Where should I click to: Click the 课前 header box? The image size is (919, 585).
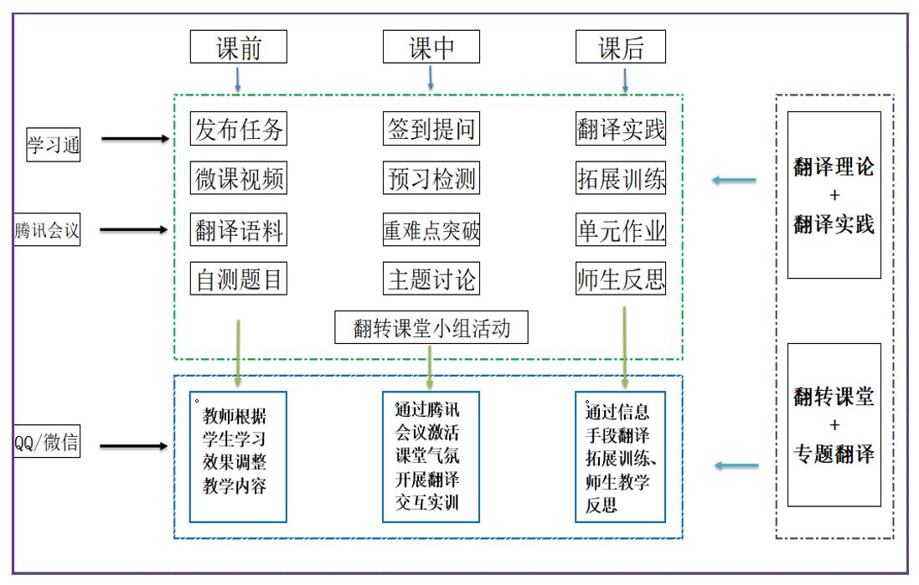pos(239,47)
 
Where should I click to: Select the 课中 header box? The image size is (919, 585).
pos(431,47)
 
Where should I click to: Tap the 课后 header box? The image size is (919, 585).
pos(621,47)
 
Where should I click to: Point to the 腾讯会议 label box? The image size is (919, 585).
pos(47,229)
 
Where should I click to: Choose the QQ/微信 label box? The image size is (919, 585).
pos(48,441)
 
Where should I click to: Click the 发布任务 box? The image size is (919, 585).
pos(239,129)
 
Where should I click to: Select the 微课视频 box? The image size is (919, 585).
pos(239,178)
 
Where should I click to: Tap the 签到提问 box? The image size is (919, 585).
pos(431,129)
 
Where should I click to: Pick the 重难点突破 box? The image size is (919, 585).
pos(431,229)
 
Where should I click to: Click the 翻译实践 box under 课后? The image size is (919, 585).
pos(621,129)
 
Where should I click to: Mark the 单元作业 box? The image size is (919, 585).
pos(621,229)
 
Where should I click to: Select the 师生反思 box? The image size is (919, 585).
pos(621,279)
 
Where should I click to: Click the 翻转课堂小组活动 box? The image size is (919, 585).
pos(431,327)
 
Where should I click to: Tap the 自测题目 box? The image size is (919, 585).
pos(239,279)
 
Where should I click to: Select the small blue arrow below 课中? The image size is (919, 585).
pos(431,78)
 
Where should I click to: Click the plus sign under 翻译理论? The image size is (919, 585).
pos(834,195)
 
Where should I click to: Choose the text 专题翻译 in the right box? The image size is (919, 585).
pos(834,454)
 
